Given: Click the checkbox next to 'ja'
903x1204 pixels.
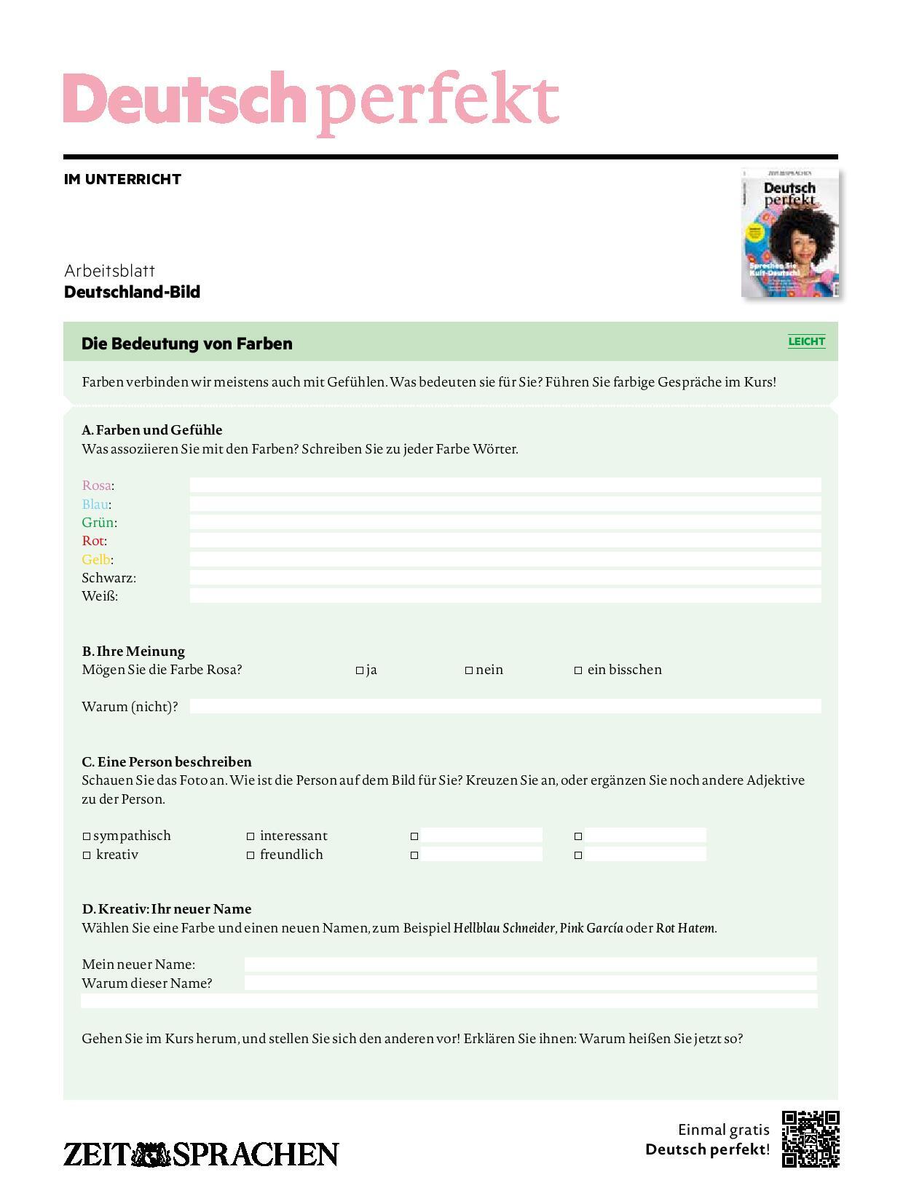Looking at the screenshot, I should coord(359,670).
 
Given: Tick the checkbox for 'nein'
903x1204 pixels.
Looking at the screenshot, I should coord(469,670).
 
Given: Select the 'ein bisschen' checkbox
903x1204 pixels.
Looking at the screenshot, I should coord(578,670).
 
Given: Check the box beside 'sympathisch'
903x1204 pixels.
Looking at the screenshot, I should coord(87,836).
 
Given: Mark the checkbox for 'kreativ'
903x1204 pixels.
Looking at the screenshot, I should coord(87,855).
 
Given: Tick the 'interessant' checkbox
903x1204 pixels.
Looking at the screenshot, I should coord(251,836).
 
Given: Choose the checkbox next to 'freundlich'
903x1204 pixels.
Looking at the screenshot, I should coord(251,855).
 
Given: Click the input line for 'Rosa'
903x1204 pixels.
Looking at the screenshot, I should coord(505,485).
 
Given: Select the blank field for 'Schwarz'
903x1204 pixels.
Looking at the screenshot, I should coord(505,577).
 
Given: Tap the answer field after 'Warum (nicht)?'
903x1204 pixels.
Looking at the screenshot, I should coord(505,706).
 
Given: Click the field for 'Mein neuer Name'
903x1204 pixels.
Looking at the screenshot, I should coord(530,965).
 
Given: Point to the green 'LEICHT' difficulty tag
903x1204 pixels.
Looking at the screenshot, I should coord(806,341).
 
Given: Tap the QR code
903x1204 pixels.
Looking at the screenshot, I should coord(811,1138).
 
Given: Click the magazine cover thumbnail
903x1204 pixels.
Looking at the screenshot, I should coord(790,233).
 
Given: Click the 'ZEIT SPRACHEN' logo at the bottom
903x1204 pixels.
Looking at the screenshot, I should coord(201,1155).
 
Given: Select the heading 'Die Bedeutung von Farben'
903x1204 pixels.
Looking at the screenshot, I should coord(187,344).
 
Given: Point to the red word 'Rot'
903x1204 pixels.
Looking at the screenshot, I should coord(93,541).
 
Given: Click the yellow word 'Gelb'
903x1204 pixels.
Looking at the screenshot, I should coord(95,560).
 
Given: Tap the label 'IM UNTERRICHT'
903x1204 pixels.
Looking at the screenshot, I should coord(122,179).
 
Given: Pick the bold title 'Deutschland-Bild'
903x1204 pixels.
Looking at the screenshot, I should coord(132,292).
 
